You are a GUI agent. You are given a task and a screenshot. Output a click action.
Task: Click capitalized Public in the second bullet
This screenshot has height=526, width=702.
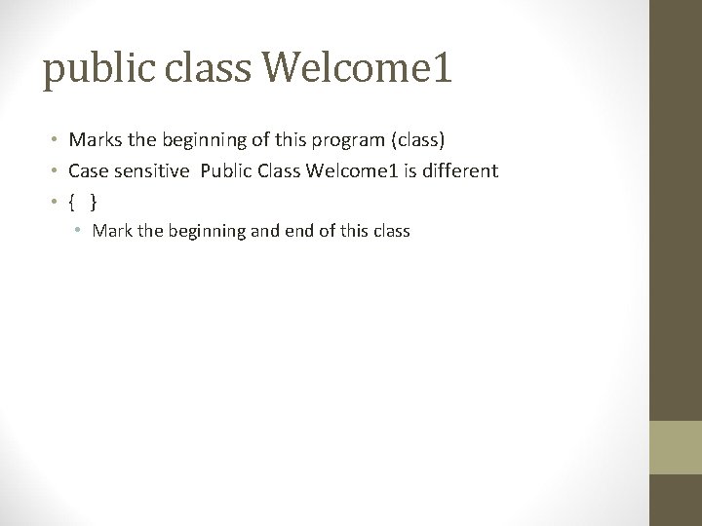(x=226, y=171)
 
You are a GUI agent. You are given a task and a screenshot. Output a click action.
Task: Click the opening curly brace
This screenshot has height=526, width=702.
(x=72, y=202)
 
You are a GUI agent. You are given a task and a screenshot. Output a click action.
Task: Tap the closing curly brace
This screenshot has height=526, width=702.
(x=93, y=202)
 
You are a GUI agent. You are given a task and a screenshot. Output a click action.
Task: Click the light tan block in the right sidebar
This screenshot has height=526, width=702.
(x=676, y=447)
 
